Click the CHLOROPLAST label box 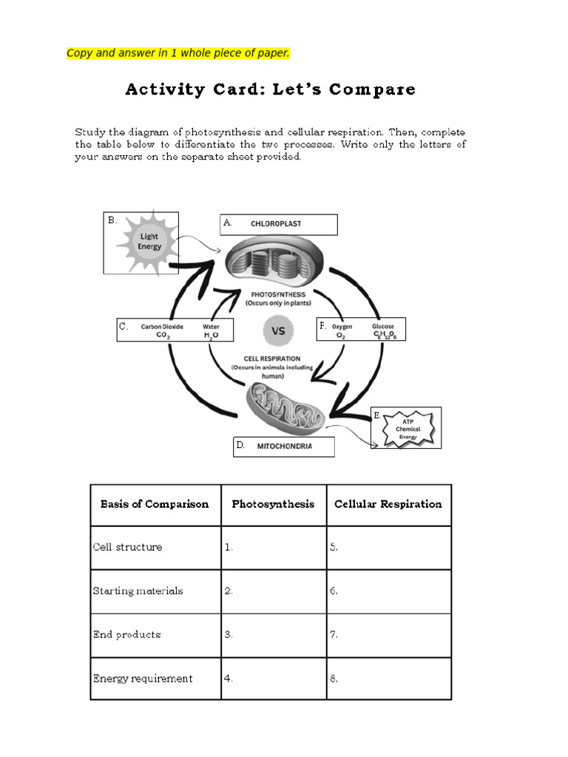(x=278, y=224)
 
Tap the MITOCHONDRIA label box (x=283, y=447)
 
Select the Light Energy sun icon (x=149, y=242)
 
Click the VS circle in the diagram (x=278, y=331)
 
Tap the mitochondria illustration (x=285, y=406)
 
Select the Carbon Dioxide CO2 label (x=162, y=330)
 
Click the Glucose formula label (x=383, y=330)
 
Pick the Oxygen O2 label (x=342, y=330)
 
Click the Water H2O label (x=211, y=330)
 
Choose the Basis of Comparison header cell (x=155, y=504)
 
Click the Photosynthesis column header (x=273, y=504)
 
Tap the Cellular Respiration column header (x=388, y=504)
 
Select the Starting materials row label (x=138, y=591)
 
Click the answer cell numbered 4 (x=273, y=679)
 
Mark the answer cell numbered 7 (x=388, y=635)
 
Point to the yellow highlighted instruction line (x=177, y=52)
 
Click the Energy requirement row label (x=143, y=679)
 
